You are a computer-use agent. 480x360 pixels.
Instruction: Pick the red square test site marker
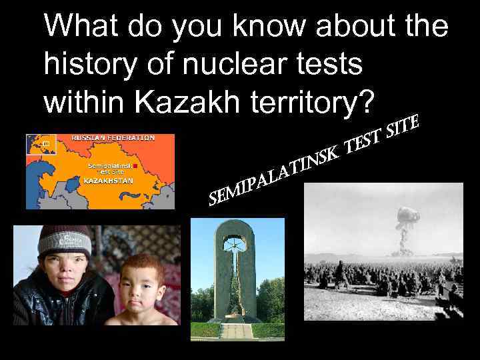click(135, 165)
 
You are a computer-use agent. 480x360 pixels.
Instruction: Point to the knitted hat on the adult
click(64, 241)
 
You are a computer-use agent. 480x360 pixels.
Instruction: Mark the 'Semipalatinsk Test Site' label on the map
click(109, 167)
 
